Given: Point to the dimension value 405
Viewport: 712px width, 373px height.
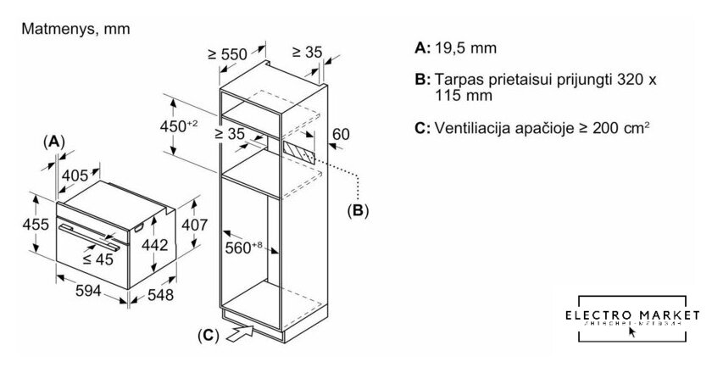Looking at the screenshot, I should tap(76, 175).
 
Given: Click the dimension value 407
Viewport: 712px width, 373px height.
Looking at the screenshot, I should tap(196, 225).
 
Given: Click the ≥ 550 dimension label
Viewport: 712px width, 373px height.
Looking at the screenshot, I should tap(225, 55).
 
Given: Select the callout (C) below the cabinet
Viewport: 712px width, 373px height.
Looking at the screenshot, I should tap(206, 336).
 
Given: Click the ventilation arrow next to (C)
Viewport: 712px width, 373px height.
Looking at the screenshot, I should tap(241, 331).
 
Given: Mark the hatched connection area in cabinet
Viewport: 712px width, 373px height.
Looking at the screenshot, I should tap(298, 153).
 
